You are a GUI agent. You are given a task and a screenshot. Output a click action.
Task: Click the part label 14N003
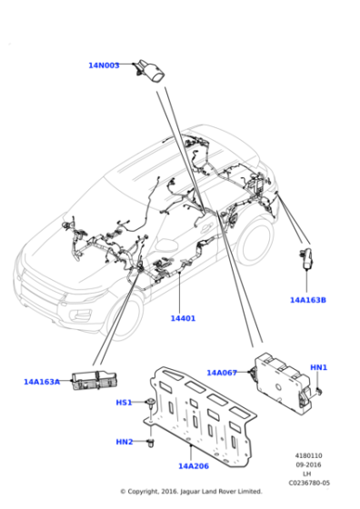pyautogui.click(x=104, y=65)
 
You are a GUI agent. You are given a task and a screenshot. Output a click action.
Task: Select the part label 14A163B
pyautogui.click(x=308, y=300)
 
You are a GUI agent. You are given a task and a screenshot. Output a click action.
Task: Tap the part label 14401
pyautogui.click(x=183, y=318)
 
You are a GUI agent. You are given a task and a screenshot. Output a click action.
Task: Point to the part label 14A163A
pyautogui.click(x=42, y=382)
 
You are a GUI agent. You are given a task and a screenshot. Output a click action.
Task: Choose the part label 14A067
pyautogui.click(x=222, y=373)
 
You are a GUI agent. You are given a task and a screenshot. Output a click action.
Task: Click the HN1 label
pyautogui.click(x=318, y=367)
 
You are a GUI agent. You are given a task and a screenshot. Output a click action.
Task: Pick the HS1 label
pyautogui.click(x=124, y=403)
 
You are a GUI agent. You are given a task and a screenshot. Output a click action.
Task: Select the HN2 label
pyautogui.click(x=125, y=442)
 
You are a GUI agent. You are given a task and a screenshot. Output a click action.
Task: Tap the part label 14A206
pyautogui.click(x=194, y=465)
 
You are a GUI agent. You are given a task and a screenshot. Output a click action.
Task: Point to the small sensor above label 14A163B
pyautogui.click(x=305, y=258)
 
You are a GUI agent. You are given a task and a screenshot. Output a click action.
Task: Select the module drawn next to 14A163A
pyautogui.click(x=95, y=380)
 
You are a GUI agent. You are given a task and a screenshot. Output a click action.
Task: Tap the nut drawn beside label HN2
pyautogui.click(x=151, y=442)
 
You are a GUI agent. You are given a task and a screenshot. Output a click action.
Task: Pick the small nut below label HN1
pyautogui.click(x=319, y=392)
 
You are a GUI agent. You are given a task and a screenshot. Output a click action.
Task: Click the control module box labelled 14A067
pyautogui.click(x=282, y=383)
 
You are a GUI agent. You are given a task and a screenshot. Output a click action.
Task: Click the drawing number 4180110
pyautogui.click(x=308, y=455)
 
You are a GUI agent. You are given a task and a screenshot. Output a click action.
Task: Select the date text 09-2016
pyautogui.click(x=308, y=464)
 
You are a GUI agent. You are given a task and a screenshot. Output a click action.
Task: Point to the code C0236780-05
pyautogui.click(x=309, y=483)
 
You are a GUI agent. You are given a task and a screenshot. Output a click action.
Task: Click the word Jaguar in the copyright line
pyautogui.click(x=191, y=492)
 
